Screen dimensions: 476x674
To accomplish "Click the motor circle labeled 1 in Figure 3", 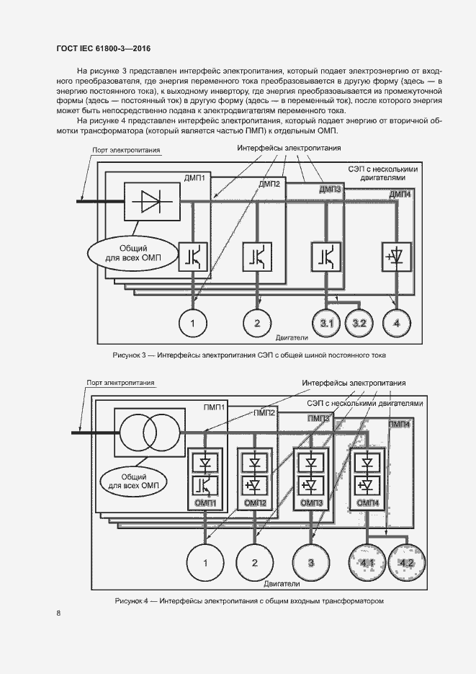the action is tap(192, 322).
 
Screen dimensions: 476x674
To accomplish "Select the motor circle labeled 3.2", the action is tap(359, 322).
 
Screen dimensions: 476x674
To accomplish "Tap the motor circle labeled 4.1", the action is tap(369, 562).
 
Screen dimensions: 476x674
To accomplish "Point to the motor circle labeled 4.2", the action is tap(407, 562).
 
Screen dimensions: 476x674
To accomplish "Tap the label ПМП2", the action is tap(263, 413).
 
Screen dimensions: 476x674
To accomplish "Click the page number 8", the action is tap(58, 613).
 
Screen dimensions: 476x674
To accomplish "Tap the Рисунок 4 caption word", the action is tap(130, 600).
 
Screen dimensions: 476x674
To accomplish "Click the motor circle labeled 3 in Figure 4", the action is tap(312, 562).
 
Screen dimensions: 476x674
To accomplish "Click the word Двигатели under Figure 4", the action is tap(282, 583).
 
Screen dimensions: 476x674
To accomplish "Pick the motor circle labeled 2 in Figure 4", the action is tap(253, 562).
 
